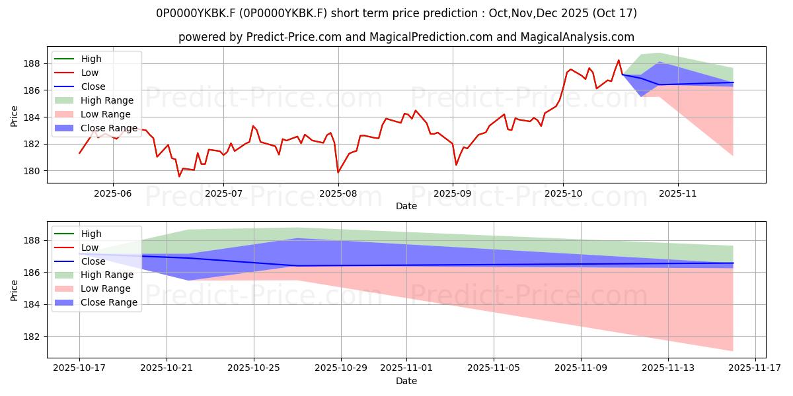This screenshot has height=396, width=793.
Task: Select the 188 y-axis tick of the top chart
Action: click(33, 63)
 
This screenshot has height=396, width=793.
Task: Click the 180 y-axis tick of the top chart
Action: click(33, 171)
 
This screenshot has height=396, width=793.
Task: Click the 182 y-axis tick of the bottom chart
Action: click(33, 337)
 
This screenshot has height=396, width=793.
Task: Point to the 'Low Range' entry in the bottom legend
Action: click(106, 288)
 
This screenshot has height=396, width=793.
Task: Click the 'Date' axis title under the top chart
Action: click(406, 206)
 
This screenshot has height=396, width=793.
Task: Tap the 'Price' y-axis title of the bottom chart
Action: click(15, 289)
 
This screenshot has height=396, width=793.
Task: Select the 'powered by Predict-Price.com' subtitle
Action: click(406, 37)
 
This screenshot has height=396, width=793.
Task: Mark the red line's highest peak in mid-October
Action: click(619, 60)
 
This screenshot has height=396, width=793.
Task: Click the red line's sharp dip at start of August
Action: click(338, 173)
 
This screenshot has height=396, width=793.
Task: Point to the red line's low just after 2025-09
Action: click(456, 165)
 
